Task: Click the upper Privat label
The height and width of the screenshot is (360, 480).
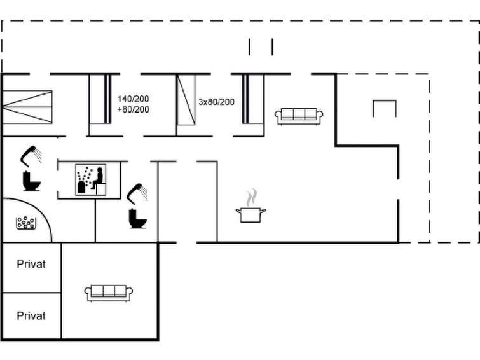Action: pos(31,264)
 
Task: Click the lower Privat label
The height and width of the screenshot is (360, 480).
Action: pos(31,316)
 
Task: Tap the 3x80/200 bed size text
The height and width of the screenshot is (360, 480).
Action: pos(216,102)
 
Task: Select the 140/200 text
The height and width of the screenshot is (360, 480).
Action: pos(133,99)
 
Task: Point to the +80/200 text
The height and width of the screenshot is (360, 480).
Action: pos(133,109)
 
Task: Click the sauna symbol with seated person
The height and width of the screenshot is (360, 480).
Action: pos(91,180)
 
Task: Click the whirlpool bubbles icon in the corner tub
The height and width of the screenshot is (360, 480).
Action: pos(26,223)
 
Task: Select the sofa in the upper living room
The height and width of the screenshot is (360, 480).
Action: pos(299,116)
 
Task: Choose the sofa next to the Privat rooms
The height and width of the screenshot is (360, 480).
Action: pos(108,293)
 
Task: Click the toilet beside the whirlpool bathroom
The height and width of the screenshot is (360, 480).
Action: pos(32,181)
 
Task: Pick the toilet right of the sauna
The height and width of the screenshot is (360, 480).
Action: pos(138,218)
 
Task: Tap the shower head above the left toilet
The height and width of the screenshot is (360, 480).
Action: pos(31,156)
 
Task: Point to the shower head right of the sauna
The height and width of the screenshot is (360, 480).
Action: pos(137,193)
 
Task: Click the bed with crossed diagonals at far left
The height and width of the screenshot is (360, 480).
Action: pos(27,107)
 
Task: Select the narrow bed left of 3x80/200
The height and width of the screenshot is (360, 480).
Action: pos(186,100)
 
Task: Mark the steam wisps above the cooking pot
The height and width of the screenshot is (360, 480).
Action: pos(252,198)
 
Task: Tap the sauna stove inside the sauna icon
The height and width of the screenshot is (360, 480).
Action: pos(81,187)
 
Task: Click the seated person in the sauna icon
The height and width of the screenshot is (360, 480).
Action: pos(98,177)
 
